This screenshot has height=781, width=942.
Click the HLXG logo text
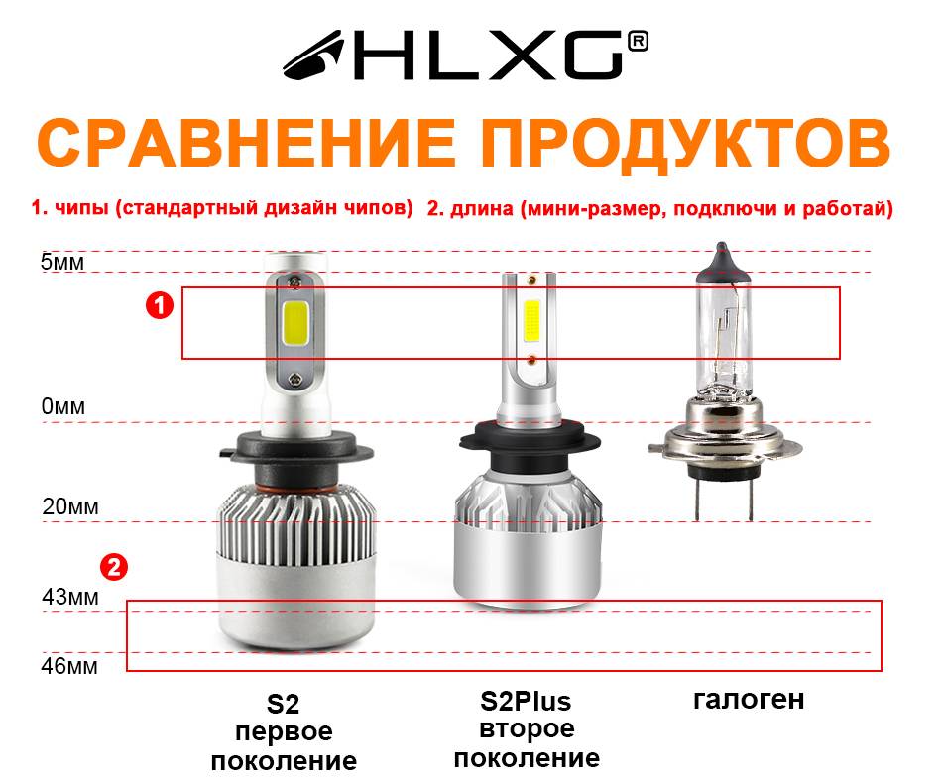(x=489, y=56)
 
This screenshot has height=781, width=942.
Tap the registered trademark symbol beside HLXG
(x=638, y=41)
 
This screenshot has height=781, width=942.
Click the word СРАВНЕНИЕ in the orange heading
(x=246, y=143)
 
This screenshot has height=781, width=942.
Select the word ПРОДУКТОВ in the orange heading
(x=686, y=144)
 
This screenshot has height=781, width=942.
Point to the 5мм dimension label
(x=62, y=262)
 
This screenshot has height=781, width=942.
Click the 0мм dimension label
(x=63, y=407)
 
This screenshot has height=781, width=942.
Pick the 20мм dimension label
(x=70, y=506)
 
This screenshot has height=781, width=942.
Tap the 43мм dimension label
(x=70, y=597)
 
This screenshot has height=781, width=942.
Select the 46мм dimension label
(x=69, y=666)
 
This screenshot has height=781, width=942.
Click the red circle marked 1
(x=160, y=305)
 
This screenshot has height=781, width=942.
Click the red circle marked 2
(x=114, y=567)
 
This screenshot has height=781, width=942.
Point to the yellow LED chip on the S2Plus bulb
(x=531, y=321)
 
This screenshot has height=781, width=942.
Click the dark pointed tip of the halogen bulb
(x=722, y=258)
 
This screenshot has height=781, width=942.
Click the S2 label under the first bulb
(x=283, y=704)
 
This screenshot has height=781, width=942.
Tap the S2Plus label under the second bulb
(x=526, y=701)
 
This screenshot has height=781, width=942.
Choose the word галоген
(x=749, y=700)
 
